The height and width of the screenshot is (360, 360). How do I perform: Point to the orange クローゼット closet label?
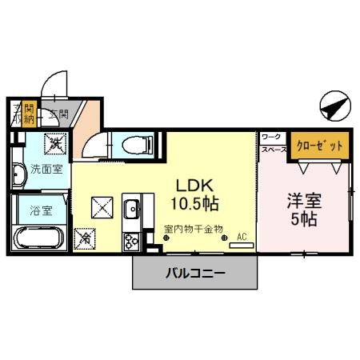(x=319, y=146)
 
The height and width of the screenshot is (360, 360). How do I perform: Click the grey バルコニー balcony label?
(x=195, y=273)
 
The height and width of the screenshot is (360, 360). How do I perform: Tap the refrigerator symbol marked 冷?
(x=85, y=238)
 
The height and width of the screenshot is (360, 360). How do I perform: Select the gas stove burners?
(x=130, y=238)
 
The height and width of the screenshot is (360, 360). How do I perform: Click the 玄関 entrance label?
(x=58, y=114)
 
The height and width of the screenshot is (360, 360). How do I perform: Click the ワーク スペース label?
(x=272, y=143)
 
